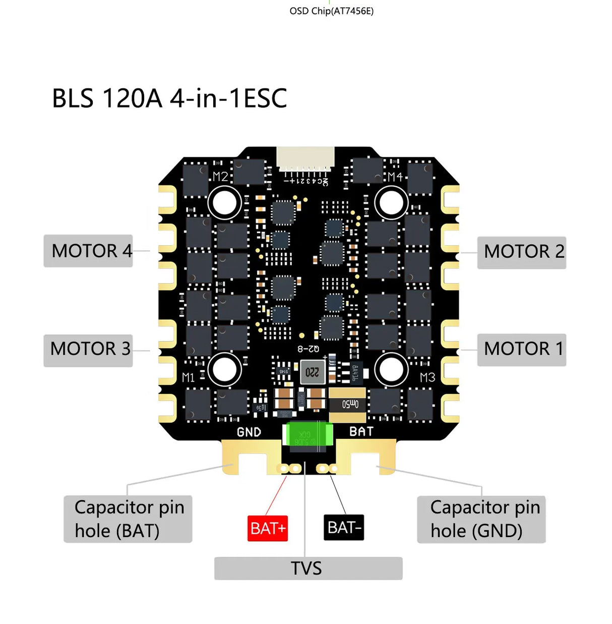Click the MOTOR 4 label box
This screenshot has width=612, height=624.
tap(88, 251)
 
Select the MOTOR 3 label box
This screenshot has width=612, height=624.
tap(88, 350)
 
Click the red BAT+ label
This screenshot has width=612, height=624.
tap(267, 528)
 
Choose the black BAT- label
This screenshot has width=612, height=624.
tap(343, 527)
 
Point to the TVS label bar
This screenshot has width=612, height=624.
tap(308, 569)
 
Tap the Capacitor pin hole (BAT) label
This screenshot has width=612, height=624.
tap(128, 519)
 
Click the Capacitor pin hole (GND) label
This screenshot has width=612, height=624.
tap(481, 519)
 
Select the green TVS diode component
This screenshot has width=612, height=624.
tap(309, 434)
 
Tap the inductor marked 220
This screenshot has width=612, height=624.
tap(313, 372)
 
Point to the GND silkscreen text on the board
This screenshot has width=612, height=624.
tap(249, 432)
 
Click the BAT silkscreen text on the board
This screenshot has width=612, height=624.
tap(361, 431)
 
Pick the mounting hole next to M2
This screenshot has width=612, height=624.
tap(224, 202)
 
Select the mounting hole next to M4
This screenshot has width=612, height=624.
tap(391, 202)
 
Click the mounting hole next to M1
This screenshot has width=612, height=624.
tap(224, 369)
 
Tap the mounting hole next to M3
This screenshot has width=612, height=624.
tap(391, 369)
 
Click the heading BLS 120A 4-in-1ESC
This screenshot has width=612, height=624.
tap(169, 98)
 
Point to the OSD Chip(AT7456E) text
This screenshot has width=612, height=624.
tap(331, 11)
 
